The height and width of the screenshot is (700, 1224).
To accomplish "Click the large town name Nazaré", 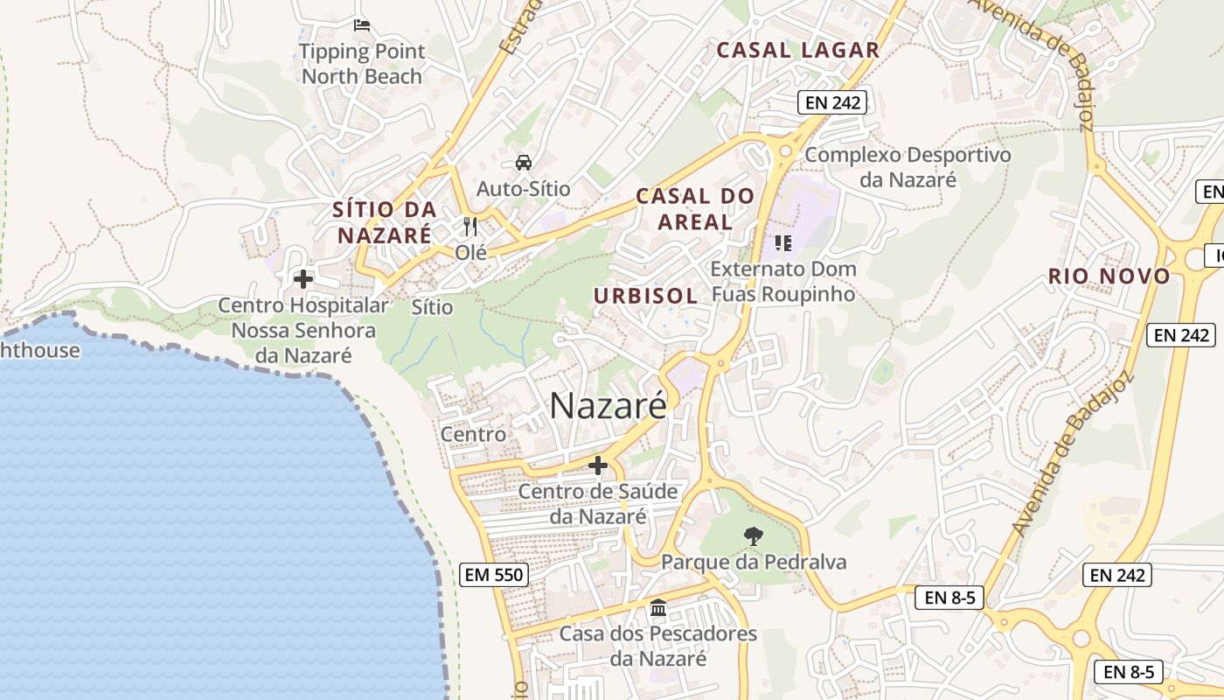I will (608, 406).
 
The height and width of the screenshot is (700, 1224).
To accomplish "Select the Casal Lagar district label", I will (797, 50).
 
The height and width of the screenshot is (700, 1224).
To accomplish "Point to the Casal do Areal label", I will (695, 208).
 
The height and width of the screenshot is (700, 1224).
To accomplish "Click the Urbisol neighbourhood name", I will (645, 296).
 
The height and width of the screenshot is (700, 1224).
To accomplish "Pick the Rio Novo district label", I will (1109, 276).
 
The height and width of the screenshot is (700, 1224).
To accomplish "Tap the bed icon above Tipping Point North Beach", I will (362, 24).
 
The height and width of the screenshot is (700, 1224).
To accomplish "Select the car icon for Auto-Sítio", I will (523, 163).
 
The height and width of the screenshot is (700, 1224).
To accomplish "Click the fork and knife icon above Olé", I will (470, 227).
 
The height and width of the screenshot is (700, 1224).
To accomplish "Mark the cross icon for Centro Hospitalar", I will (303, 279).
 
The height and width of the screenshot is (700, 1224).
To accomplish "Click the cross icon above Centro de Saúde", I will (598, 465).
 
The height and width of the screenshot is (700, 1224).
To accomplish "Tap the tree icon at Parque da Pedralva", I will (753, 535).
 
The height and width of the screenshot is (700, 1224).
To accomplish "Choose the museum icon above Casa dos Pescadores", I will (658, 607).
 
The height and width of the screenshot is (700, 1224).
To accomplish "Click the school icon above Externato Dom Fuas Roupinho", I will (782, 242).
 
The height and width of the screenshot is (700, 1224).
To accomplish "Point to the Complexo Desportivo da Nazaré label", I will (908, 167).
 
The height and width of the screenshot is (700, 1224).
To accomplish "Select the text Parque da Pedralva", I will (754, 562).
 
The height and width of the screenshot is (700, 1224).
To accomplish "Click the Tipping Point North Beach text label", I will (362, 64).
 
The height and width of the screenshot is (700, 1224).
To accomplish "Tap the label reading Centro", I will (473, 434).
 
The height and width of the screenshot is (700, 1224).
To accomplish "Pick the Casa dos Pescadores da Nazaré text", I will (658, 646).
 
